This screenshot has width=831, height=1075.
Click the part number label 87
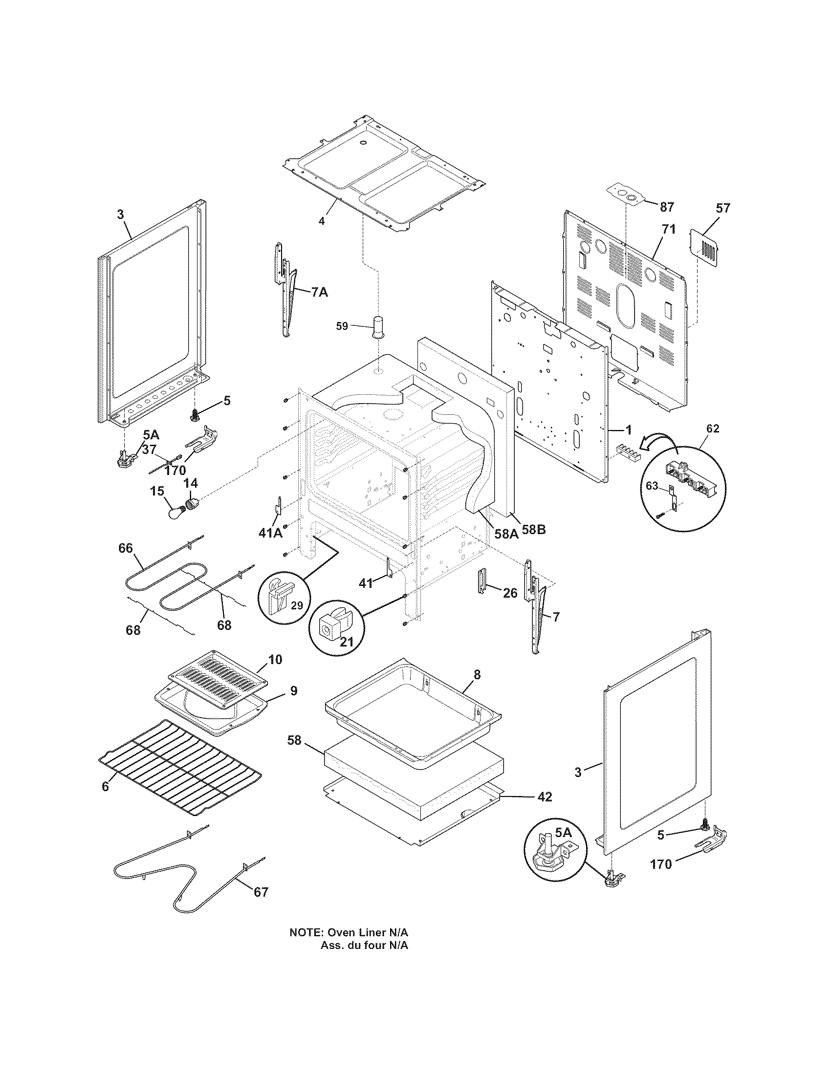point(667,207)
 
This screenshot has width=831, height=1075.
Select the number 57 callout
point(722,208)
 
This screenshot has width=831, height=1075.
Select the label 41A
point(270,532)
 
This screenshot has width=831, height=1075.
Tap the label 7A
point(319,292)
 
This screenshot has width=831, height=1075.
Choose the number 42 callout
point(544,797)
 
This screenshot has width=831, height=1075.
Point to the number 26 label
point(510,594)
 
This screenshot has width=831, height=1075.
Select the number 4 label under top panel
point(322,221)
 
